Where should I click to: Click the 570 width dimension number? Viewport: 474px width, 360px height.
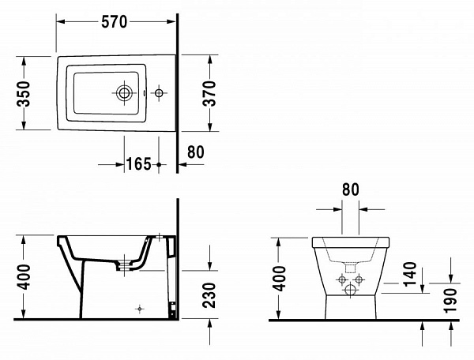(x=115, y=21)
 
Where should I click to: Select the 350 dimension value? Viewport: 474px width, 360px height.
(x=24, y=93)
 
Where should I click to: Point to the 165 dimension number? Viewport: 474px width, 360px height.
(x=138, y=165)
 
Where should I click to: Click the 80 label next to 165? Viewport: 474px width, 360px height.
(x=197, y=152)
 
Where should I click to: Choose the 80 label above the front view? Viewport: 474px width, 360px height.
(x=351, y=189)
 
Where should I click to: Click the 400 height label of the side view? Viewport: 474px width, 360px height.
(x=24, y=277)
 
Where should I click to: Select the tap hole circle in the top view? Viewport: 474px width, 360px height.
(x=160, y=94)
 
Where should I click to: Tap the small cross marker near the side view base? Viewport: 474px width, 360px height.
(x=139, y=306)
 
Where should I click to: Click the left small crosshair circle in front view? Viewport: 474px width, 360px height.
(x=341, y=279)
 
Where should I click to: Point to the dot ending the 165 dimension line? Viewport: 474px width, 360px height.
(x=160, y=165)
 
